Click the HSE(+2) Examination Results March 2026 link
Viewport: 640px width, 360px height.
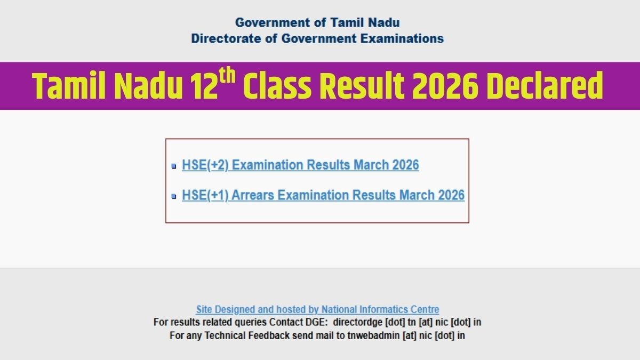click(300, 165)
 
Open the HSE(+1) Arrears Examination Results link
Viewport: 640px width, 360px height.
click(323, 195)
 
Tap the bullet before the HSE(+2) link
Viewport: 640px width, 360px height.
click(174, 166)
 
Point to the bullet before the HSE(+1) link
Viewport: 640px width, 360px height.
click(174, 196)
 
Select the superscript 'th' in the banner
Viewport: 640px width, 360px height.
click(227, 75)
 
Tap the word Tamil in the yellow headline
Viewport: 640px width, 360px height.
click(69, 86)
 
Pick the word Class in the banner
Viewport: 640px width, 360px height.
click(277, 86)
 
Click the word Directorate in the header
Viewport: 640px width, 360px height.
click(226, 38)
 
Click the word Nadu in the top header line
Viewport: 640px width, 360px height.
click(383, 22)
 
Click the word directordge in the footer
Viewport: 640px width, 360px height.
click(357, 322)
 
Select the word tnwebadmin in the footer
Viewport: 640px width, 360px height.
click(373, 335)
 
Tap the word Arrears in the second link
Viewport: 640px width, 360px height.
click(253, 195)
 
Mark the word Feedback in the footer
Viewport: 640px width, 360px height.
click(269, 335)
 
